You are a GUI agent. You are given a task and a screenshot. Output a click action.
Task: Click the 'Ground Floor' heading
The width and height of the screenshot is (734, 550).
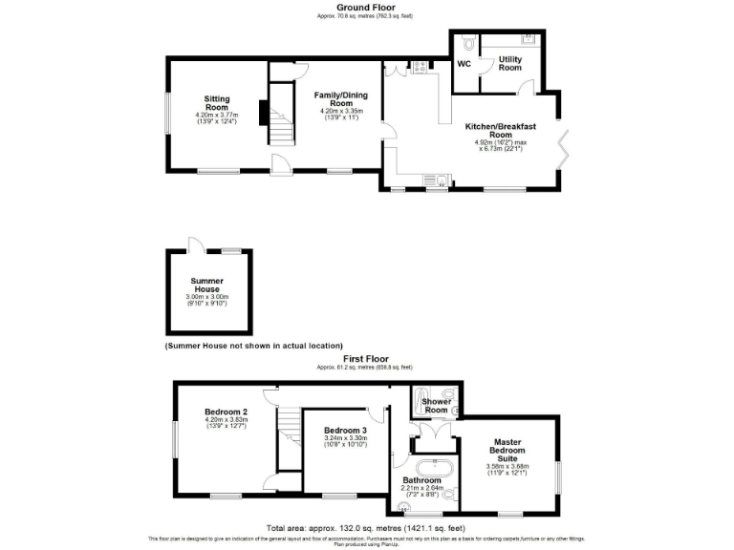pos(367,7)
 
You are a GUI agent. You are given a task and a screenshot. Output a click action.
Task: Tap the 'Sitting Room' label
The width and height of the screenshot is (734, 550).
pos(217,103)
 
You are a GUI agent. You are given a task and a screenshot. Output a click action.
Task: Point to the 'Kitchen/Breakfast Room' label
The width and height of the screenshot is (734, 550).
pos(500,131)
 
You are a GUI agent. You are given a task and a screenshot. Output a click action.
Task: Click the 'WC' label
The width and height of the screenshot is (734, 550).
pos(464,64)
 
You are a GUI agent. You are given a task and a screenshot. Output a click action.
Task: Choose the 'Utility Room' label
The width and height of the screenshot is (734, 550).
pos(510,63)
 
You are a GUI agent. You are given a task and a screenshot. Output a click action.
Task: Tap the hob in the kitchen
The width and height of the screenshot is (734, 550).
pos(418,67)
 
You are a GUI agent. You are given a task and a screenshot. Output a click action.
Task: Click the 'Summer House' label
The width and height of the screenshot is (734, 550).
pos(206,285)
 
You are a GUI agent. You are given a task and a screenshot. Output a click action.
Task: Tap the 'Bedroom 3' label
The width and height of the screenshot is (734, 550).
pos(345,431)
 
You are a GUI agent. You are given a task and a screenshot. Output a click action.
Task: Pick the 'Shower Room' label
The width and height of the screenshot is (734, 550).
pos(436,406)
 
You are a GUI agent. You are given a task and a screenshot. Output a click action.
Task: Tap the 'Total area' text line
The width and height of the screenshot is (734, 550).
pos(367,528)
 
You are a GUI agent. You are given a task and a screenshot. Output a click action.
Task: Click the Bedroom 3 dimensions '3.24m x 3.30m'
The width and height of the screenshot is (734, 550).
pos(345,438)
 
